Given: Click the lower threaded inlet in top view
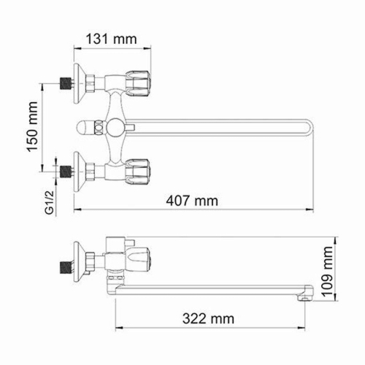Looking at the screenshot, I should point(66,173).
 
